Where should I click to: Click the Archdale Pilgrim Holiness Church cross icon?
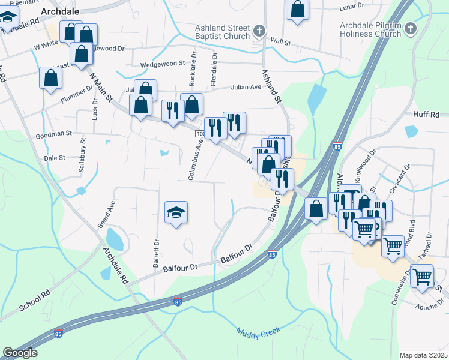(x=411, y=28)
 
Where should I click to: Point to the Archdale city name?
(x=60, y=11)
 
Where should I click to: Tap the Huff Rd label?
(x=426, y=114)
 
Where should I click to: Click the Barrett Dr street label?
(x=157, y=254)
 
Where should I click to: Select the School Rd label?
(x=35, y=301)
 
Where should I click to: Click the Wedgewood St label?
(x=162, y=64)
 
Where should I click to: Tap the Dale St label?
(x=54, y=158)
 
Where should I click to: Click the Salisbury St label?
(x=83, y=155)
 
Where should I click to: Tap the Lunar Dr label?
(x=352, y=6)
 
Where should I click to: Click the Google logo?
(x=20, y=353)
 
